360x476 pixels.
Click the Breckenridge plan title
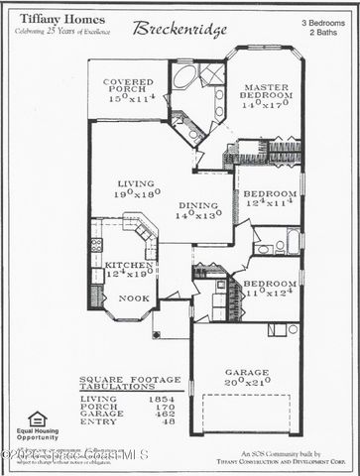pyautogui.click(x=182, y=29)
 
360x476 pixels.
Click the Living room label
pyautogui.click(x=137, y=183)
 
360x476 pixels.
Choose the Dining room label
pyautogui.click(x=199, y=205)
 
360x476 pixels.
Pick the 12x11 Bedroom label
pyautogui.click(x=269, y=193)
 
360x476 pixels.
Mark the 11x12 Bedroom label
pyautogui.click(x=269, y=284)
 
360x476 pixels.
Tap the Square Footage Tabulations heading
pyautogui.click(x=129, y=382)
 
